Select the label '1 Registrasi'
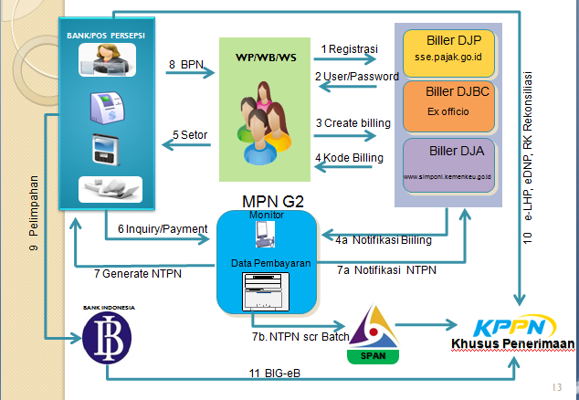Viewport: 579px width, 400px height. (x=349, y=48)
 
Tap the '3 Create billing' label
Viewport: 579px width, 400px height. (x=353, y=122)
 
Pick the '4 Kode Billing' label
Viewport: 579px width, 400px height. (x=350, y=157)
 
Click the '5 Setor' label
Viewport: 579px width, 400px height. (x=190, y=136)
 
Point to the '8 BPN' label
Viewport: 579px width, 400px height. (x=185, y=65)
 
